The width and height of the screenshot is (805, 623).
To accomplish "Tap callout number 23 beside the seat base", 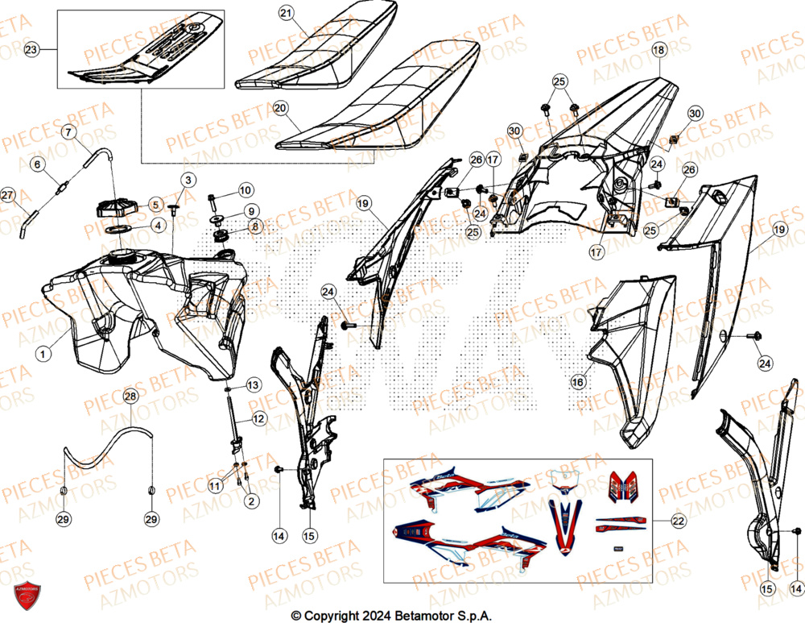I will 31,50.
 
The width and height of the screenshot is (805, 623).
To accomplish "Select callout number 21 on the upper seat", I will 287,13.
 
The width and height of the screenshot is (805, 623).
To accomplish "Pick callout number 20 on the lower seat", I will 280,107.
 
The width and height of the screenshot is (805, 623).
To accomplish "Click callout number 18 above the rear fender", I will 658,50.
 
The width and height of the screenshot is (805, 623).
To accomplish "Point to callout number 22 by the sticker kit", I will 678,521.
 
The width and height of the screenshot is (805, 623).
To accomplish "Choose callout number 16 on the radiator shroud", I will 577,382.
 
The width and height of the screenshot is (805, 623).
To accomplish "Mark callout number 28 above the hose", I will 130,396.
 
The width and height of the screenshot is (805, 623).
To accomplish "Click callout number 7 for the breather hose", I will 69,131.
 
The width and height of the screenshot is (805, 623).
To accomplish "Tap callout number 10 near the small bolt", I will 246,190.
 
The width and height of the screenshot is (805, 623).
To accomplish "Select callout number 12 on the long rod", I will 258,419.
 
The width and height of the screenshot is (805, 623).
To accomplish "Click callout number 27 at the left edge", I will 7,195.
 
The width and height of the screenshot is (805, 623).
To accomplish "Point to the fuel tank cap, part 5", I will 114,207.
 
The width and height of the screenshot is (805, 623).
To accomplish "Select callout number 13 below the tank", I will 252,385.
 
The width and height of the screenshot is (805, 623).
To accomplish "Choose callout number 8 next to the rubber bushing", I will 255,227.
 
